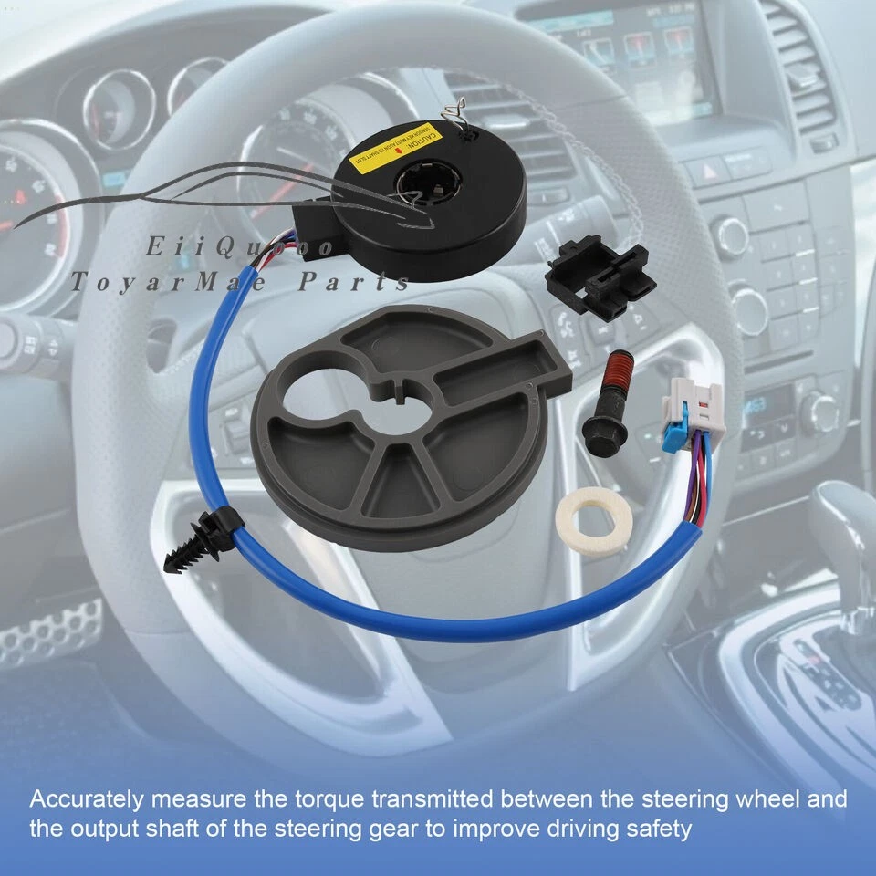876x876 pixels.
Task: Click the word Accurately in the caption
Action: pyautogui.click(x=87, y=800)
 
